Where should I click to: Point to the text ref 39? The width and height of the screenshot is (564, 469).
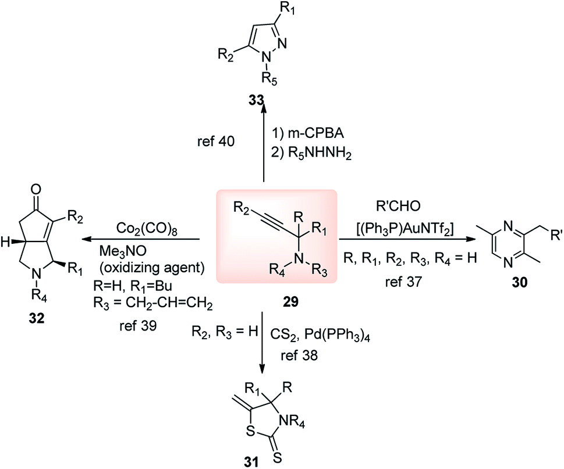136,328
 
